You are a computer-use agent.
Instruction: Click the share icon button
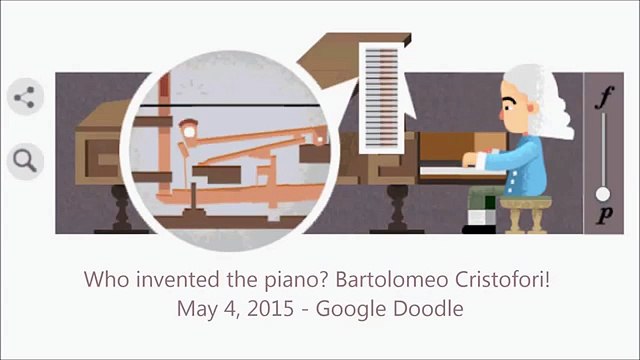coord(25,98)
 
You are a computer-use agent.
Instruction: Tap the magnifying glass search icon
coord(25,158)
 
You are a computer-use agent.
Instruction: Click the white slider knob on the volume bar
coord(603,193)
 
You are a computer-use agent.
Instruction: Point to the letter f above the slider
coord(603,98)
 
